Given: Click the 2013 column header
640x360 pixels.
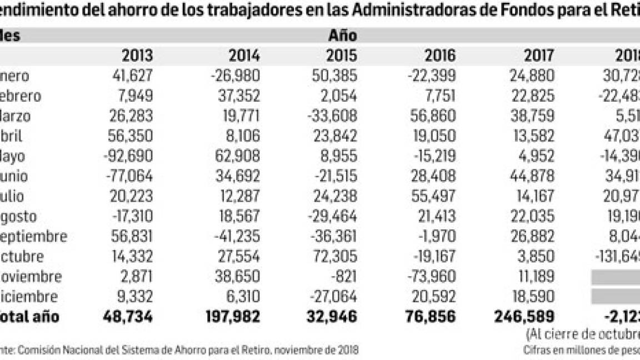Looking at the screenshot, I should click(x=137, y=56).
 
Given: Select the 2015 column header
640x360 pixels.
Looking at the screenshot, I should click(x=341, y=56).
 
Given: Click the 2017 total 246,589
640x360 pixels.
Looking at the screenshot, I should click(x=523, y=317).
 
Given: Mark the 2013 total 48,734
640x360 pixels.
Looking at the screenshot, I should click(x=128, y=317).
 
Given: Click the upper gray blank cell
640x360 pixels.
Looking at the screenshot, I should click(x=615, y=277).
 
